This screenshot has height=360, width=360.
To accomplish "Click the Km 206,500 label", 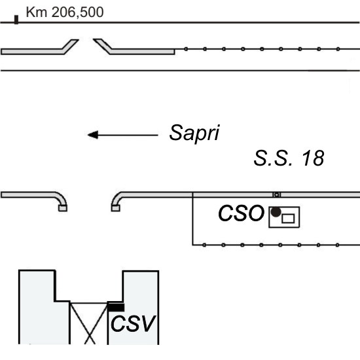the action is [x=65, y=12].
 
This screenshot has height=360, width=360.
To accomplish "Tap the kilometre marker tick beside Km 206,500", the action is [x=16, y=20].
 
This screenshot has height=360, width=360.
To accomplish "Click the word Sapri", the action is [x=194, y=133].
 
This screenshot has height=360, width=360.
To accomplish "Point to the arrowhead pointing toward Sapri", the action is [x=93, y=135].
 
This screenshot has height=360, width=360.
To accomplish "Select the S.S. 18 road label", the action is [x=289, y=158].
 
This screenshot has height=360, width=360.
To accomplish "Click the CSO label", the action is [x=241, y=213].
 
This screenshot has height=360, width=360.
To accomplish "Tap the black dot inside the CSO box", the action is [x=276, y=212].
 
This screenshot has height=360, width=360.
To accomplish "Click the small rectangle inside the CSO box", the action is [x=288, y=219].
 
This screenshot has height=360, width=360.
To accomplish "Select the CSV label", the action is [x=133, y=324].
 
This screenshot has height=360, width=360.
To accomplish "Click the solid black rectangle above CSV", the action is [x=116, y=308].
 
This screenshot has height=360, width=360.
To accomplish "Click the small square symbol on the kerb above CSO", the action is [x=277, y=194].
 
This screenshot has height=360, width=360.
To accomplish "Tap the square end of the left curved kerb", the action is [x=63, y=208].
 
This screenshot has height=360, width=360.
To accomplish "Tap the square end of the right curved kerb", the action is [x=115, y=208].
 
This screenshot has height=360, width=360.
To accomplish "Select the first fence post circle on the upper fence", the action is [x=186, y=49].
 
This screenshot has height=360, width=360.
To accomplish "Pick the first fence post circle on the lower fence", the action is [x=204, y=245].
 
